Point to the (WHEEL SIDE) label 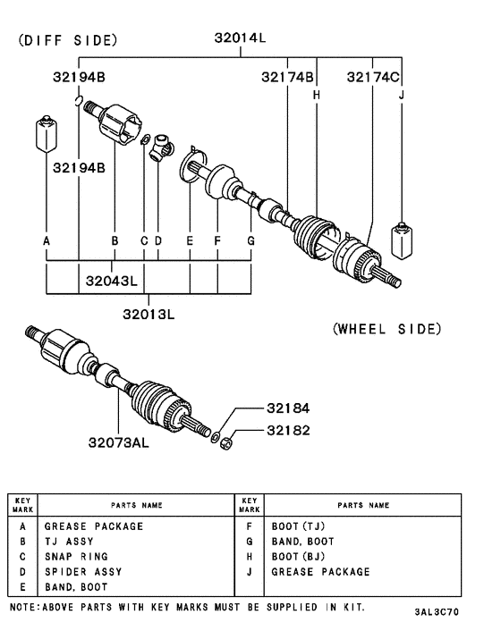click(386, 329)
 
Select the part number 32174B click(287, 78)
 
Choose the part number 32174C click(374, 78)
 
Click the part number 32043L click(112, 281)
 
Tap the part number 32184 click(287, 408)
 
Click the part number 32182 click(287, 430)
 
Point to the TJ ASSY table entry click(69, 542)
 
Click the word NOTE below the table click(23, 607)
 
